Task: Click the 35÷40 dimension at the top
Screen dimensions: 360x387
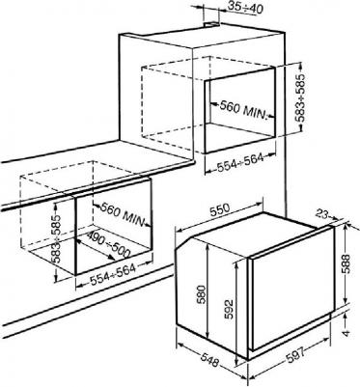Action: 245,8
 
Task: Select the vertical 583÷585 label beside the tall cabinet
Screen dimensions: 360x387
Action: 301,97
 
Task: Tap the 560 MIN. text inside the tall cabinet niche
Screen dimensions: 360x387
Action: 244,110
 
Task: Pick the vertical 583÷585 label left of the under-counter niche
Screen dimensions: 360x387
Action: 56,238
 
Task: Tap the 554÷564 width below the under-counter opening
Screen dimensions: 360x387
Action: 113,273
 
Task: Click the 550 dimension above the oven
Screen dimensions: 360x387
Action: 219,210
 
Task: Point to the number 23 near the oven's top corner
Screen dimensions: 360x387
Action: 322,213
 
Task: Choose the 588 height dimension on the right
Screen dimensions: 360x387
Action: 346,263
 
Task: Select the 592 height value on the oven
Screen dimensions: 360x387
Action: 229,309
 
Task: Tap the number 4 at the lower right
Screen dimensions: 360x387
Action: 346,333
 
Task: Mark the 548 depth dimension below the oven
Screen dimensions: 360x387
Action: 209,358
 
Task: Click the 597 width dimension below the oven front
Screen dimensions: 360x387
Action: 295,356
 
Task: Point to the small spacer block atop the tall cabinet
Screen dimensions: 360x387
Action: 211,23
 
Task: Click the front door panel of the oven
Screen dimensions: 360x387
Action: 291,291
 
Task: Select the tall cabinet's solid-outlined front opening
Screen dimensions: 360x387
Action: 240,111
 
